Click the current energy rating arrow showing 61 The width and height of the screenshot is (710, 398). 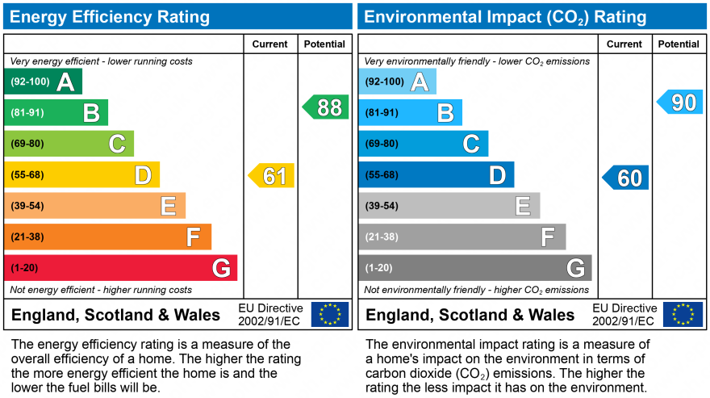tap(272, 175)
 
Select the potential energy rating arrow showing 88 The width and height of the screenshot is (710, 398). tap(326, 107)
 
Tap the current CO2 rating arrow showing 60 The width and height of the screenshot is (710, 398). tap(626, 178)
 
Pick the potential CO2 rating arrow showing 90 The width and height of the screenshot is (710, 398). tap(680, 102)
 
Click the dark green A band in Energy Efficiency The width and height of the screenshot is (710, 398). tap(43, 82)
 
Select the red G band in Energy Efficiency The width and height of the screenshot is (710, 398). tap(120, 267)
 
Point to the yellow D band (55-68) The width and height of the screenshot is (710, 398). tap(81, 174)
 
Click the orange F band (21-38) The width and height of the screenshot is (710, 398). tap(107, 237)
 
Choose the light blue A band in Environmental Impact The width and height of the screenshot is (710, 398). tap(397, 82)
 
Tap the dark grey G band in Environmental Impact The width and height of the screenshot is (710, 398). tap(474, 267)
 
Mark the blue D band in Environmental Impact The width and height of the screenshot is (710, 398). tap(436, 174)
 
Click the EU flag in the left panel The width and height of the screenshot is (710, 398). tap(330, 314)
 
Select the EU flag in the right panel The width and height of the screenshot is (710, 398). tap(683, 314)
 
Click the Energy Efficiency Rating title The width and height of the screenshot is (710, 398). tap(109, 17)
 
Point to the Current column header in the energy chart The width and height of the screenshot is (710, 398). tap(270, 44)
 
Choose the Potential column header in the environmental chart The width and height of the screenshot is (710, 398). tap(679, 44)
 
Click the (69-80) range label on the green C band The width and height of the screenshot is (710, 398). tap(27, 144)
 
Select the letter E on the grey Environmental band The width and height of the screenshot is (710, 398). tap(523, 206)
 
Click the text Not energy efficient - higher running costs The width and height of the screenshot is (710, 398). tap(101, 290)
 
